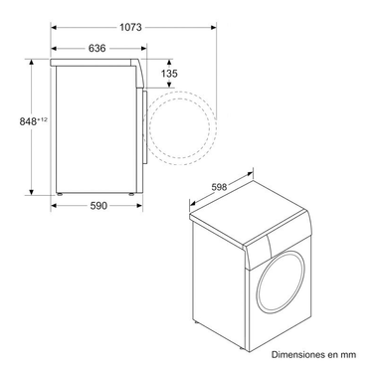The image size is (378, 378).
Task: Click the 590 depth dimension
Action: tap(97, 207)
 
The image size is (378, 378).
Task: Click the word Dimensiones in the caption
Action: tap(294, 353)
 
